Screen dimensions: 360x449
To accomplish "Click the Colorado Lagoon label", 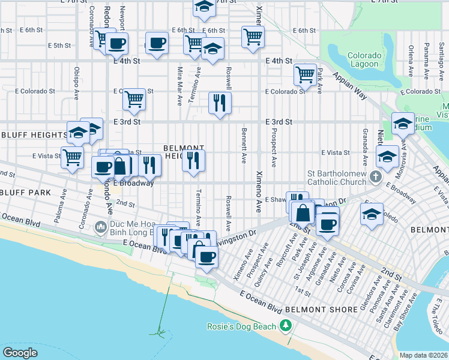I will click(x=363, y=60).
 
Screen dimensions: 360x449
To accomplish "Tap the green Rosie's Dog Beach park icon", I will click(x=286, y=326).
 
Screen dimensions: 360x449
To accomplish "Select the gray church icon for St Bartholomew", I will click(x=376, y=176).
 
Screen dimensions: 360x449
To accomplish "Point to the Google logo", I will click(x=20, y=352).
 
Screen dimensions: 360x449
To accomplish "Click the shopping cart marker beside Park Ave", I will click(x=306, y=75).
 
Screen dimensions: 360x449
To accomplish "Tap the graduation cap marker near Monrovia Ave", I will click(x=403, y=124).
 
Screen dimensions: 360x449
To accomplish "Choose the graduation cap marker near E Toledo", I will click(x=372, y=214).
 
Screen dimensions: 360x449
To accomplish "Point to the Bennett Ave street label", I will click(x=244, y=145).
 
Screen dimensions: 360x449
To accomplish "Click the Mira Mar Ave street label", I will click(x=179, y=86).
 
